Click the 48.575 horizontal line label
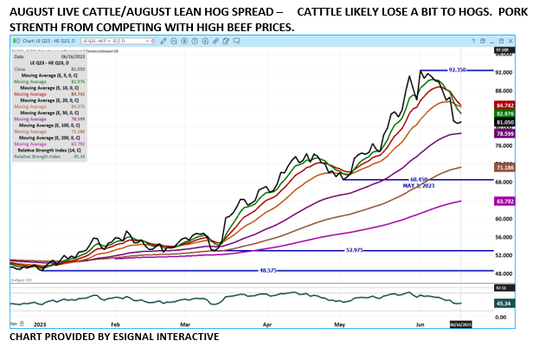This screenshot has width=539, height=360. (272, 270)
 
